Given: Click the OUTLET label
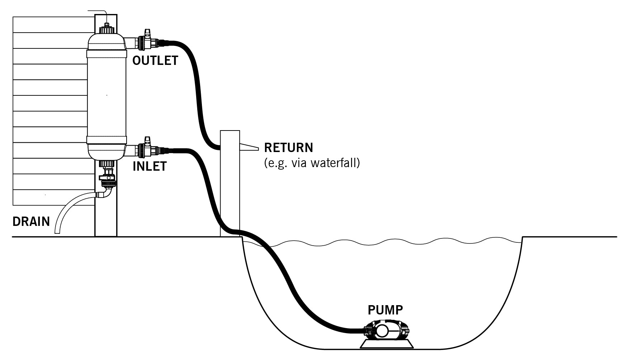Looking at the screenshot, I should click(155, 61).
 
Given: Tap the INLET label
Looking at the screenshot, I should click(150, 166).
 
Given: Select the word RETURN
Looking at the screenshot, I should click(288, 148).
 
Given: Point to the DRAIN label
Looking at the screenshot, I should click(31, 222).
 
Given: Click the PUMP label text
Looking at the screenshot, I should click(385, 309).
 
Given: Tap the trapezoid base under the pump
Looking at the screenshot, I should click(387, 344).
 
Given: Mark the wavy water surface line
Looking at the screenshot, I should click(394, 242).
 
